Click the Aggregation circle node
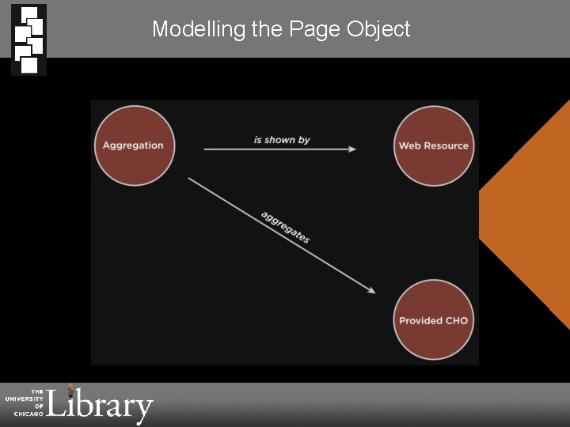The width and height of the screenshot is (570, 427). point(133,145)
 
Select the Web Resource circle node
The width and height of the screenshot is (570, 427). point(433,146)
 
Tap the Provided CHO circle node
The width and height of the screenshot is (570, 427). point(433,320)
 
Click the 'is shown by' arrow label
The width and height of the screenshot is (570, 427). point(282,140)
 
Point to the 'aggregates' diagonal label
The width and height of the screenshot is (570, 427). point(285,228)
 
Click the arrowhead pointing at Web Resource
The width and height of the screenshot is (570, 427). point(351,149)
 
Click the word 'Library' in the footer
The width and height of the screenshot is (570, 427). point(101,405)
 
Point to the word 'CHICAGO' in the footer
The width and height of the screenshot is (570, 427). point(26,414)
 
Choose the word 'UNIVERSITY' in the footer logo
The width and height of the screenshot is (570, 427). point(25,399)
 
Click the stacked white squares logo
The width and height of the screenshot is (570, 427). point(28,40)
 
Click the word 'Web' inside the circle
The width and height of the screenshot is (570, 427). point(408,146)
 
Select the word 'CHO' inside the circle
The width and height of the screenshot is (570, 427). point(457,321)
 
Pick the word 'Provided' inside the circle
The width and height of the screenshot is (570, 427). point(420,321)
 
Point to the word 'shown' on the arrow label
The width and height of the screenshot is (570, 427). point(280,140)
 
